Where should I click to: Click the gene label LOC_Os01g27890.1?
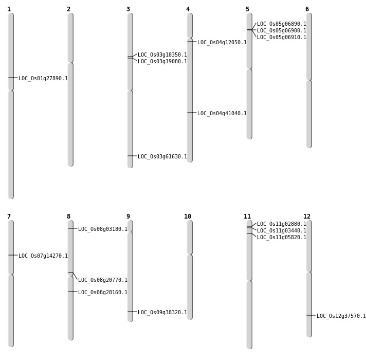(43, 79)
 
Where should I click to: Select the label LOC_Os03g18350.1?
(162, 55)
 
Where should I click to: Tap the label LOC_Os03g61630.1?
(162, 157)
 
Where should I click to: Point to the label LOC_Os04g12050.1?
(222, 43)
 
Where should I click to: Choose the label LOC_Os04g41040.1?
(222, 114)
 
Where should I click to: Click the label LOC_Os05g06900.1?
(282, 31)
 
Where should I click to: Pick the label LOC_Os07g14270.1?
(43, 256)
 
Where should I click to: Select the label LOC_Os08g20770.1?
(103, 280)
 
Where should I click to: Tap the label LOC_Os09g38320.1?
(162, 313)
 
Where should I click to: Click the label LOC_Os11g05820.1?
(282, 238)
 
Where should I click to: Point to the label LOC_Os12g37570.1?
(341, 316)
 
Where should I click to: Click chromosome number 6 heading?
(307, 9)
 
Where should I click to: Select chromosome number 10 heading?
(188, 217)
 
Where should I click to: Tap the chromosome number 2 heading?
(68, 9)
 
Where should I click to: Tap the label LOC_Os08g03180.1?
(103, 229)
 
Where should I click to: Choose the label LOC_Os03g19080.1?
(162, 62)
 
